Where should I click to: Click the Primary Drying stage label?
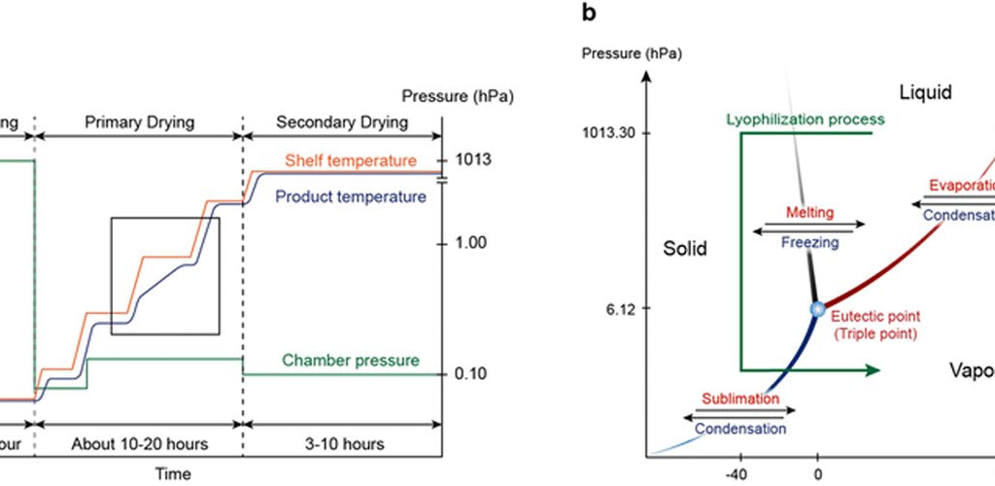(139, 122)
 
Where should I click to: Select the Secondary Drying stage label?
(342, 122)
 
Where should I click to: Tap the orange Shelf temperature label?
(351, 160)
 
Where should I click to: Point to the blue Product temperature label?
(350, 196)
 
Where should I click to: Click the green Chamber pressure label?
(351, 361)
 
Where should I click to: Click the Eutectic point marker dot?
(817, 309)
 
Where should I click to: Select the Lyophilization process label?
(806, 120)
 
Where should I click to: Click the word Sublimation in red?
(739, 399)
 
